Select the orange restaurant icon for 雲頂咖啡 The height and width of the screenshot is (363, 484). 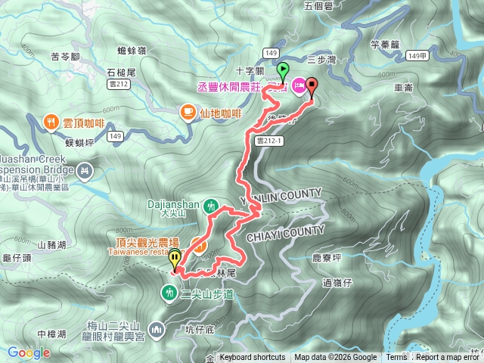click(x=51, y=120)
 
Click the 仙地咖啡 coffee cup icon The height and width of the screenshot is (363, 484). click(x=188, y=113)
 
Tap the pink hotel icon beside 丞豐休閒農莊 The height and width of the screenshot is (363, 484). click(x=298, y=85)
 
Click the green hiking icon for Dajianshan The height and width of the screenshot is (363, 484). click(x=213, y=205)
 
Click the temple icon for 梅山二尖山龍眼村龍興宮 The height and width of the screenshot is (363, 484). click(x=157, y=329)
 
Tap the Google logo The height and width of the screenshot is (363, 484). click(x=29, y=352)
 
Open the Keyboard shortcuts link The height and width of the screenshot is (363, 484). click(x=253, y=358)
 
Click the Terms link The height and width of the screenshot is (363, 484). click(x=396, y=358)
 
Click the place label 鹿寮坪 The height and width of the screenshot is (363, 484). click(x=328, y=257)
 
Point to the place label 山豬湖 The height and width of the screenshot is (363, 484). click(x=51, y=244)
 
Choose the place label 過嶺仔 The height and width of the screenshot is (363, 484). click(x=338, y=283)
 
